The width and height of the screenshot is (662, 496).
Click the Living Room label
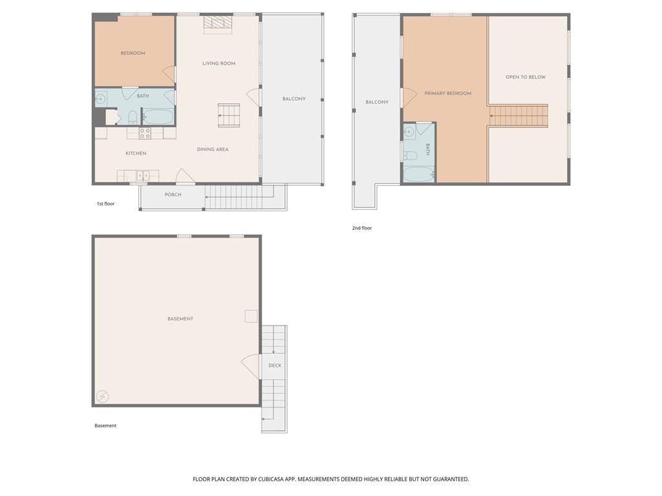219,63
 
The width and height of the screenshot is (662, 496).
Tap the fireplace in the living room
218,25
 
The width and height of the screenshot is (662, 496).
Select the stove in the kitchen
145,133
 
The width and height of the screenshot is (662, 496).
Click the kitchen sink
143,176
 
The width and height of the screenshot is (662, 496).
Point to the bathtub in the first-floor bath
158,116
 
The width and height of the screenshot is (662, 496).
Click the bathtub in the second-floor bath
418,174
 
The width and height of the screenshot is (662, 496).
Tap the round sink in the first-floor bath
100,99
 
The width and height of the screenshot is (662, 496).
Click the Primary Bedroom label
447,93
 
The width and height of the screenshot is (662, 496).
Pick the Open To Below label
526,77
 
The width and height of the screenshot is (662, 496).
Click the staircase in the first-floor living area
229,115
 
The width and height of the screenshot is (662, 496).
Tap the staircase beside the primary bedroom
518,116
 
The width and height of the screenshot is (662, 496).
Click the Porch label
173,194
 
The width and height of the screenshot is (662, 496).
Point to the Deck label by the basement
275,366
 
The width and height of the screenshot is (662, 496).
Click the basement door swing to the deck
251,366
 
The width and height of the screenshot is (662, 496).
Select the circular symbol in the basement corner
103,397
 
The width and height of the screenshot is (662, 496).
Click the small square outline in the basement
251,316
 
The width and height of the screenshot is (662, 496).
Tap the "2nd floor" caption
362,228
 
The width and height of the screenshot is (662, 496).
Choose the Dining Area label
213,149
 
